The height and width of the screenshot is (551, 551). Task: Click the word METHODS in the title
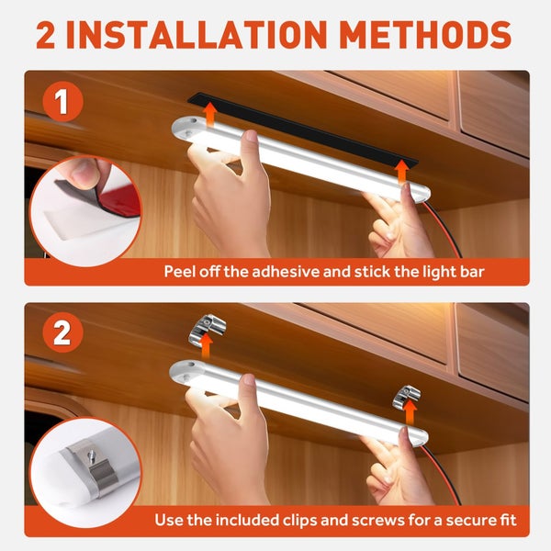pyautogui.click(x=425, y=35)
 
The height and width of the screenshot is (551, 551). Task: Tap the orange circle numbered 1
pyautogui.click(x=62, y=102)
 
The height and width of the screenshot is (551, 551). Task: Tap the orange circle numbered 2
pyautogui.click(x=62, y=332)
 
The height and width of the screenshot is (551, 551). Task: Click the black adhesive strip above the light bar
pyautogui.click(x=302, y=129)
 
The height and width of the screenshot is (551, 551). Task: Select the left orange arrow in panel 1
pyautogui.click(x=209, y=115)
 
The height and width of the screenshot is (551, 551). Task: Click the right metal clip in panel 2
pyautogui.click(x=407, y=397)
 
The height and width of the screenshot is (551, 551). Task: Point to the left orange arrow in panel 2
pyautogui.click(x=207, y=345)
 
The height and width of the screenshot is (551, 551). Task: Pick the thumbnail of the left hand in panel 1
pyautogui.click(x=252, y=135)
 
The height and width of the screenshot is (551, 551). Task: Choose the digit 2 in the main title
pyautogui.click(x=46, y=35)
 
